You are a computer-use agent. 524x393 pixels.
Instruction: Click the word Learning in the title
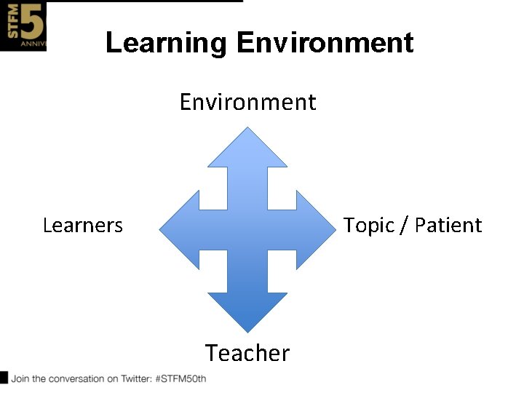[166, 43]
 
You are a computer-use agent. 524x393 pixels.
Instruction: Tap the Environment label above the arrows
[247, 102]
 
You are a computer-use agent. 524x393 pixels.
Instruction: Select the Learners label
[83, 226]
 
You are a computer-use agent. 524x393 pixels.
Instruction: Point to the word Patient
[448, 225]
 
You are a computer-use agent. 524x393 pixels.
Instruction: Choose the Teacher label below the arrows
[247, 353]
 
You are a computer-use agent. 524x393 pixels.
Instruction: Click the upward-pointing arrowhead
[247, 149]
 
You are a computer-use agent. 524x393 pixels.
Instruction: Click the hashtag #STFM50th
[181, 378]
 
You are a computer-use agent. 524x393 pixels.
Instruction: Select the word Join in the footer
[20, 378]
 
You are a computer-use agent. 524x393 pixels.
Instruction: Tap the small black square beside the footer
[4, 377]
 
